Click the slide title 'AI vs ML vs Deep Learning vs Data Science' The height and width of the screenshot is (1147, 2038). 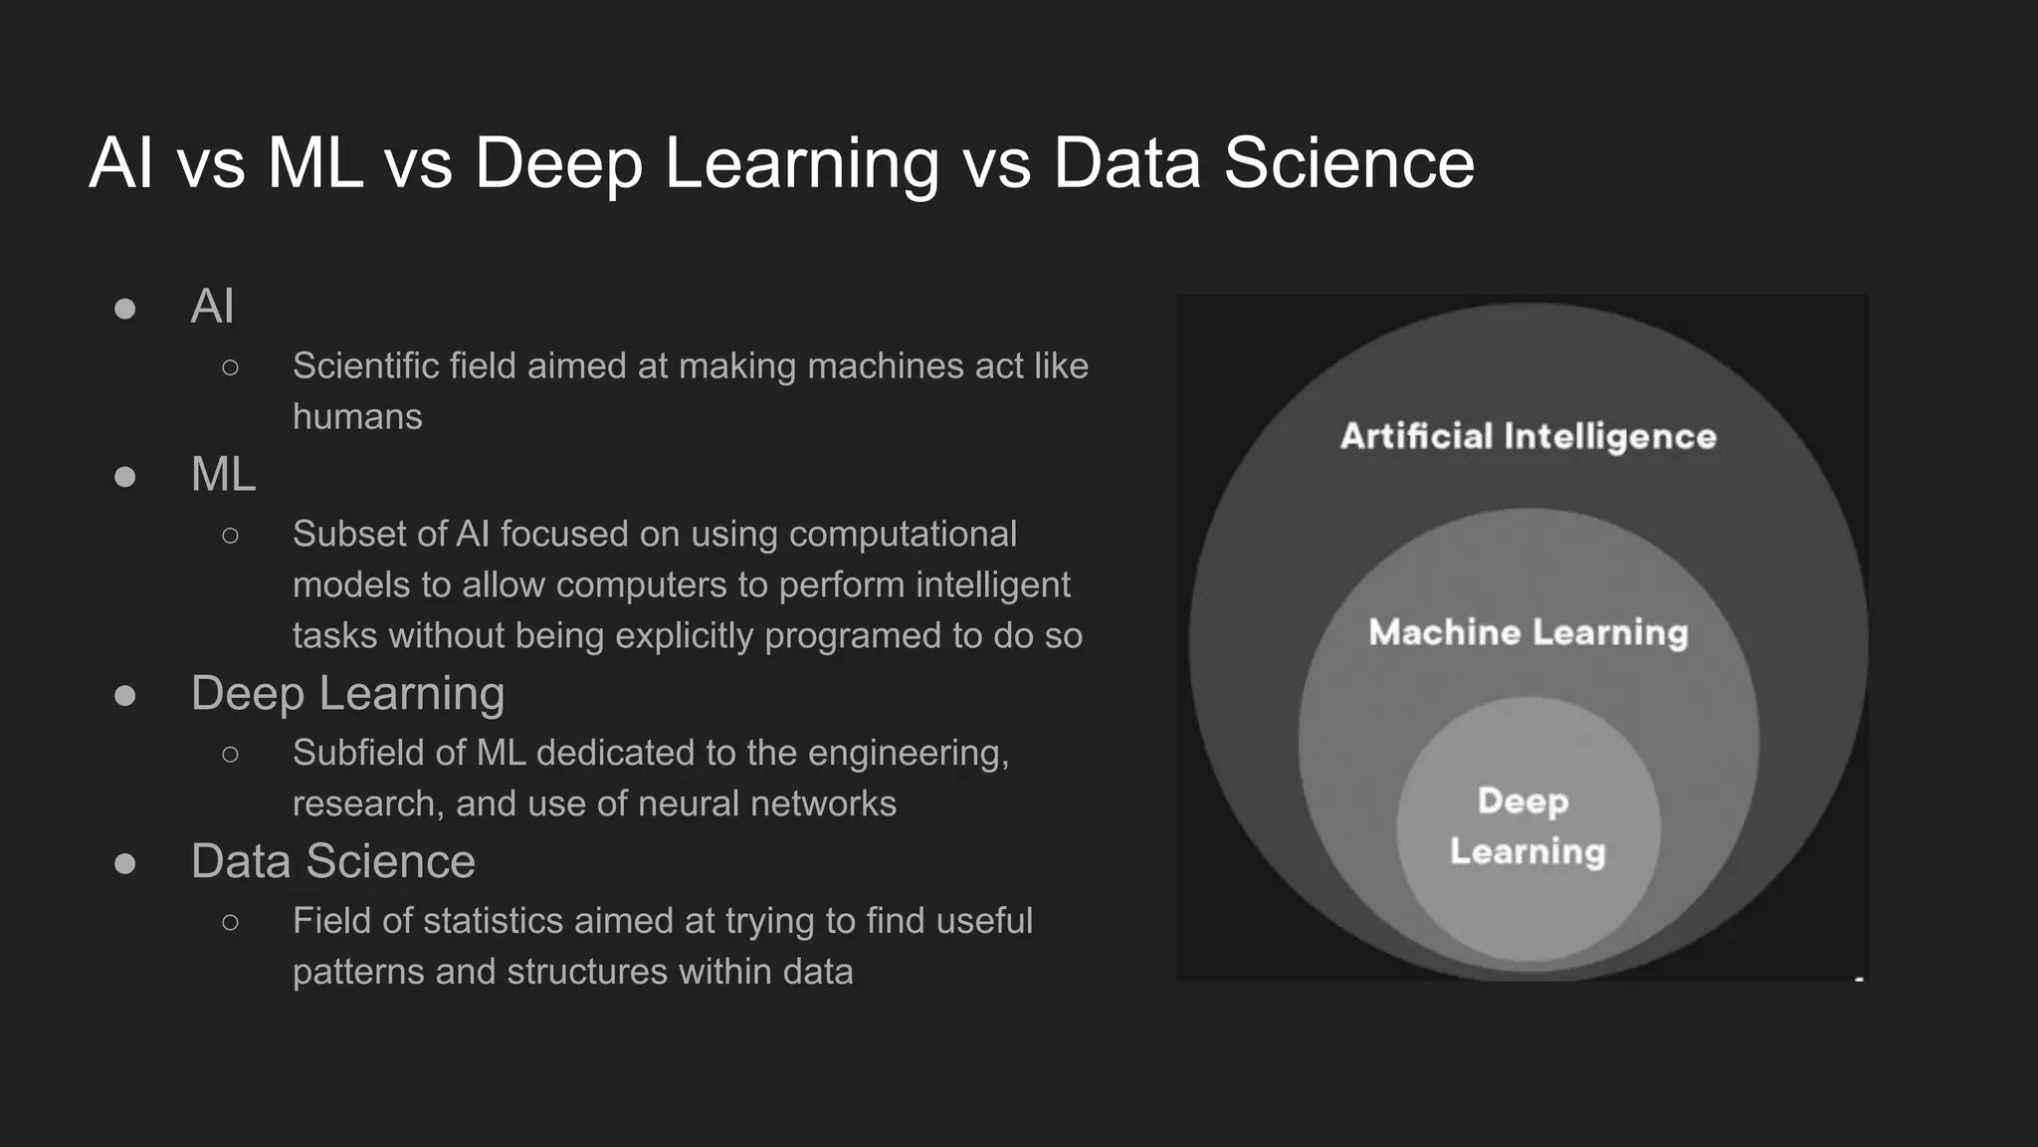[781, 163]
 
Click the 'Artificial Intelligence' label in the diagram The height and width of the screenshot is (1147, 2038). [1528, 436]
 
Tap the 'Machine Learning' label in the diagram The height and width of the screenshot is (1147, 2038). [1528, 632]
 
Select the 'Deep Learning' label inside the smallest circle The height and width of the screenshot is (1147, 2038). [1527, 826]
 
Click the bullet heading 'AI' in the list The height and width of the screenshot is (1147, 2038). [212, 306]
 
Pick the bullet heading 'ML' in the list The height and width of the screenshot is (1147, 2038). [223, 474]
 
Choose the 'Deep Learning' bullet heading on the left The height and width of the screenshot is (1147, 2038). [347, 693]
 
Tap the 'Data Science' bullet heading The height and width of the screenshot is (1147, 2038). [332, 861]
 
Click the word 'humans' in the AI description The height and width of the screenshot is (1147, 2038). [357, 416]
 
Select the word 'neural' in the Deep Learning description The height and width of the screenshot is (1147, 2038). [687, 803]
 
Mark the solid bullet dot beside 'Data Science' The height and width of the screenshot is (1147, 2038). [125, 862]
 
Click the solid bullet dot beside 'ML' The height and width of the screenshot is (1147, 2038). [125, 476]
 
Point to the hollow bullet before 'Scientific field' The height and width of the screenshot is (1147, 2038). [231, 367]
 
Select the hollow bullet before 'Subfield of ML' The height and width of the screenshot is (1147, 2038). [231, 754]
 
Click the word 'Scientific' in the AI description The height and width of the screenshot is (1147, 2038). [365, 366]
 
